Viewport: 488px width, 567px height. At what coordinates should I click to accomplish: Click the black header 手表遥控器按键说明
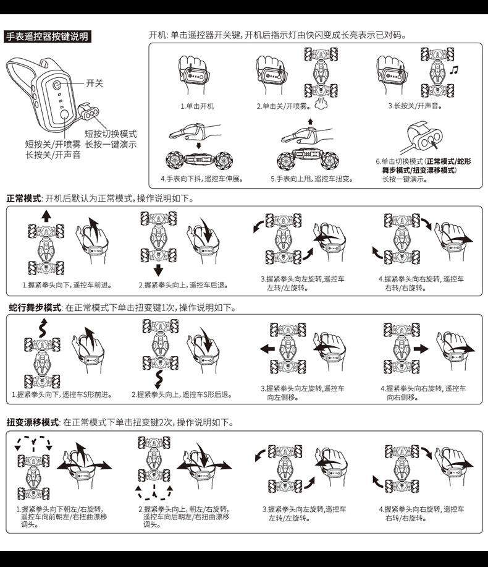point(47,36)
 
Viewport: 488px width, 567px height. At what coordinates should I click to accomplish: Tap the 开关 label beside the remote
point(95,82)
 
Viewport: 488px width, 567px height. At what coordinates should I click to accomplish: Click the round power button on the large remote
point(56,85)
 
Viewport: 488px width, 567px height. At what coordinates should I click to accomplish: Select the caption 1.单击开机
point(197,106)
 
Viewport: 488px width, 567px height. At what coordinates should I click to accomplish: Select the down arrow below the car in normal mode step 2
point(158,269)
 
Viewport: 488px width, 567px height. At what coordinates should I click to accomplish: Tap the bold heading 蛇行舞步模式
point(35,307)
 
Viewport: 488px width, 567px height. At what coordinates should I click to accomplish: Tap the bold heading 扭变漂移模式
point(32,422)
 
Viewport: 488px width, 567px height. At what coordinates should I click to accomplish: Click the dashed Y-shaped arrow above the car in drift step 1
point(30,442)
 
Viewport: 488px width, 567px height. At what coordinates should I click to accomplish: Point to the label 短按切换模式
point(111,134)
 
